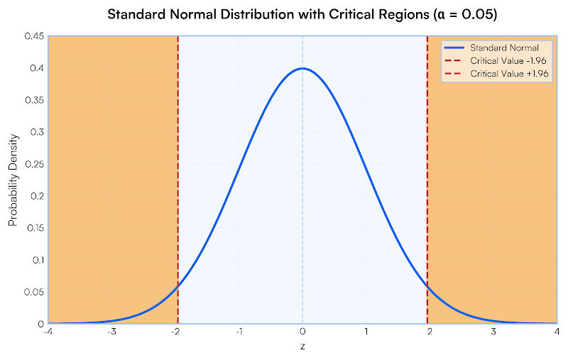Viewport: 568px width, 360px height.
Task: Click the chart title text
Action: pyautogui.click(x=302, y=15)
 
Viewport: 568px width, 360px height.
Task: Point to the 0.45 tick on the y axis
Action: pyautogui.click(x=34, y=36)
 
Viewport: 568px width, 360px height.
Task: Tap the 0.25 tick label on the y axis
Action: pyautogui.click(x=34, y=164)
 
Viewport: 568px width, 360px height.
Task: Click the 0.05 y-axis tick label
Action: pyautogui.click(x=34, y=292)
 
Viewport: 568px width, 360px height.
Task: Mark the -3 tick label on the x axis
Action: pyautogui.click(x=111, y=332)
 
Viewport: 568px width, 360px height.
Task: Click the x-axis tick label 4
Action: pyautogui.click(x=557, y=332)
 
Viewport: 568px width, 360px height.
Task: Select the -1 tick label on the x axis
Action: pyautogui.click(x=239, y=332)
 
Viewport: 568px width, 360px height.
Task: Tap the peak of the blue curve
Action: pyautogui.click(x=302, y=69)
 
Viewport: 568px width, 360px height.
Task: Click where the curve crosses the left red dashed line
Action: pyautogui.click(x=177, y=286)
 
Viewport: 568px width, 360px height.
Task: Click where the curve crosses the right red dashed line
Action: pyautogui.click(x=427, y=286)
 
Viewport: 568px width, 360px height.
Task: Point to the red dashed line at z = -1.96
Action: pyautogui.click(x=177, y=178)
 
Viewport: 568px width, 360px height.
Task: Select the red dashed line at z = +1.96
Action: pyautogui.click(x=427, y=178)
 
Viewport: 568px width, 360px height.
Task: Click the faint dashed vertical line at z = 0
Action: pyautogui.click(x=302, y=213)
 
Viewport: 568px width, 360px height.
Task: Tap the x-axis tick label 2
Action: pyautogui.click(x=430, y=332)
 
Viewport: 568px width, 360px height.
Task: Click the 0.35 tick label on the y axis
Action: pyautogui.click(x=34, y=100)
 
